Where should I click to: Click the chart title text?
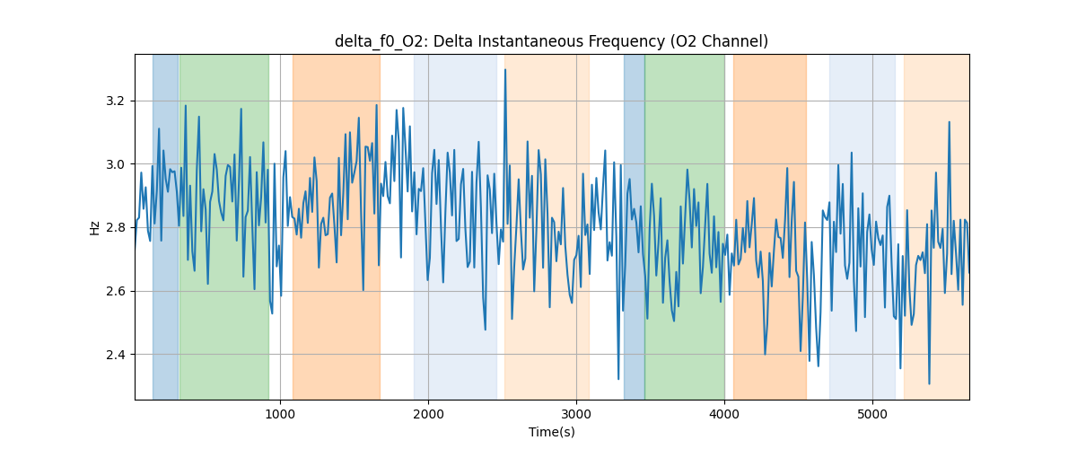click(x=551, y=41)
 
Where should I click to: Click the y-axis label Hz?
click(x=95, y=227)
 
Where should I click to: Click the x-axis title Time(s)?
click(x=551, y=432)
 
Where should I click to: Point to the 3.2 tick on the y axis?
click(x=118, y=101)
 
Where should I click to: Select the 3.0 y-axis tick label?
click(x=118, y=164)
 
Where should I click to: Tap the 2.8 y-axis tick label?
click(x=118, y=227)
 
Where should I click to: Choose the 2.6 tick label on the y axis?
click(x=118, y=291)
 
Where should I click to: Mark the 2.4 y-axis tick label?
click(x=118, y=355)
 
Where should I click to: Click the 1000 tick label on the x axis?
click(x=280, y=414)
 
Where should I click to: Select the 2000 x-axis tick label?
click(x=428, y=414)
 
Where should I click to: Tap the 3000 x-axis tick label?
click(x=576, y=414)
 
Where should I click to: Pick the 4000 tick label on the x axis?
click(x=724, y=414)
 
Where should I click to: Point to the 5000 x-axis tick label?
click(x=872, y=414)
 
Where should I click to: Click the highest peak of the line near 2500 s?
click(x=505, y=70)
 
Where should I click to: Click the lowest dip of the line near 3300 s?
click(x=618, y=378)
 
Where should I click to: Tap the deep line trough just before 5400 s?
click(x=929, y=383)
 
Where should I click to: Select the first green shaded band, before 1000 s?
click(x=223, y=224)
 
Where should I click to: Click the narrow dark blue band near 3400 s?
click(x=634, y=224)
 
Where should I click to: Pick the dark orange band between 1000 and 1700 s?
click(x=336, y=224)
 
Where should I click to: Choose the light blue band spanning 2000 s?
click(x=455, y=224)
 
